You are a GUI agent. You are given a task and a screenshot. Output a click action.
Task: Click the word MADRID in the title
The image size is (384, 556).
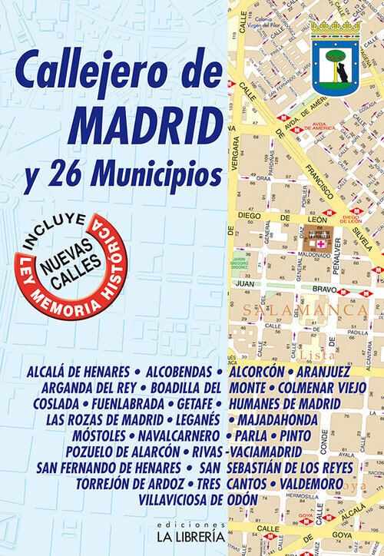[144, 123]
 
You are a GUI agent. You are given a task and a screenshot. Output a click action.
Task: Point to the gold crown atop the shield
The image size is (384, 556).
[335, 27]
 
